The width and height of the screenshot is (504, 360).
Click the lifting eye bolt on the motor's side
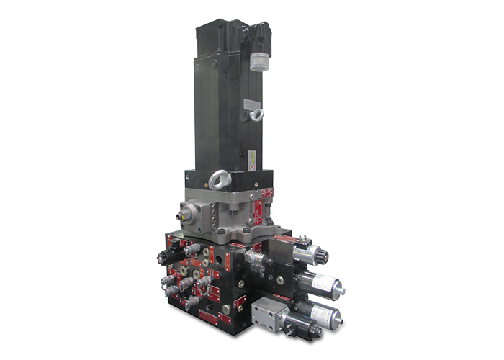(x=253, y=112)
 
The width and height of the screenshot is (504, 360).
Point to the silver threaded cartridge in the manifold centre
(x=254, y=260)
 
